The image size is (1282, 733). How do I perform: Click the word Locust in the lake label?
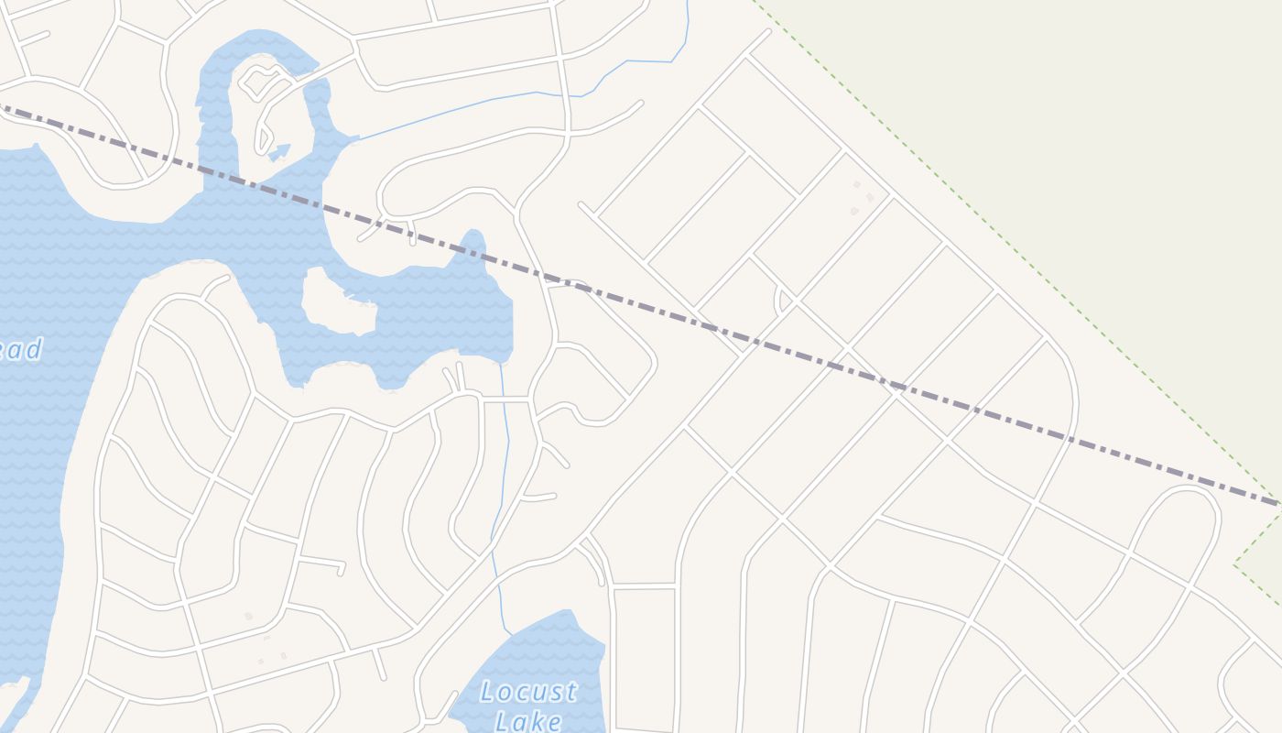pyautogui.click(x=528, y=692)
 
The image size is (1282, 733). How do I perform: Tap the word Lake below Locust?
pyautogui.click(x=528, y=721)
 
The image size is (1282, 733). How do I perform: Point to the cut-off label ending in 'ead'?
pyautogui.click(x=20, y=349)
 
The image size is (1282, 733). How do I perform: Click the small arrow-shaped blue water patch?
pyautogui.click(x=279, y=151)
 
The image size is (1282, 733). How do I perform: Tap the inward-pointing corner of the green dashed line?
pyautogui.click(x=1236, y=562)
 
